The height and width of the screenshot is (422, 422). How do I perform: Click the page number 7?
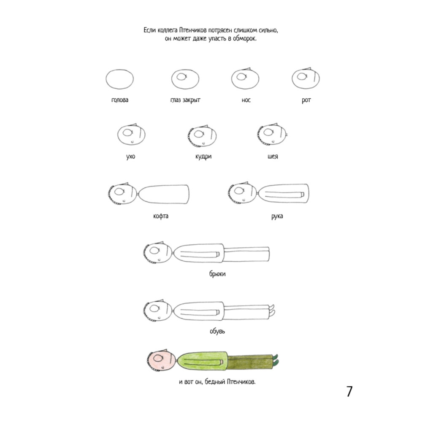coord(349,391)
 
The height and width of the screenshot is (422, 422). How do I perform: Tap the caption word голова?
coord(120,100)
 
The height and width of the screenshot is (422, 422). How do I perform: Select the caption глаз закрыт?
coord(185,100)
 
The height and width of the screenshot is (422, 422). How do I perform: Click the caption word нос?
coord(246,100)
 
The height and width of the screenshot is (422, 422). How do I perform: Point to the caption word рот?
coord(306,100)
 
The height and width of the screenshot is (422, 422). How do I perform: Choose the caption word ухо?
coord(131,157)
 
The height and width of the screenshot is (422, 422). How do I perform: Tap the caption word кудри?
coord(203,157)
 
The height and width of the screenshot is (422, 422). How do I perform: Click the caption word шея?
coord(273,157)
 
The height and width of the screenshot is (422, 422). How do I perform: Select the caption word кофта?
coord(161,216)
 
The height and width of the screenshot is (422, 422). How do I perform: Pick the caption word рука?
coord(277,216)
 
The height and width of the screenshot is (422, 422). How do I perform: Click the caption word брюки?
coord(217,274)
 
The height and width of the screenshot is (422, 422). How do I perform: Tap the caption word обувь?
coord(217,331)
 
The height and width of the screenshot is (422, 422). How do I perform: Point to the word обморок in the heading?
coord(244,38)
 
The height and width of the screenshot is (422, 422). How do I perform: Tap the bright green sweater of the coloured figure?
coord(203,361)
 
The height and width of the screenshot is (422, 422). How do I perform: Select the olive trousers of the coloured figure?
coord(250,362)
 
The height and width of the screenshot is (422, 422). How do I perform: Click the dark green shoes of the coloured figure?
coord(275,360)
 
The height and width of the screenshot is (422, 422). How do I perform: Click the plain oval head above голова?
coord(120,79)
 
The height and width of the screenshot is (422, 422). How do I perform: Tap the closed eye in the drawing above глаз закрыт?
coord(181,77)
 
